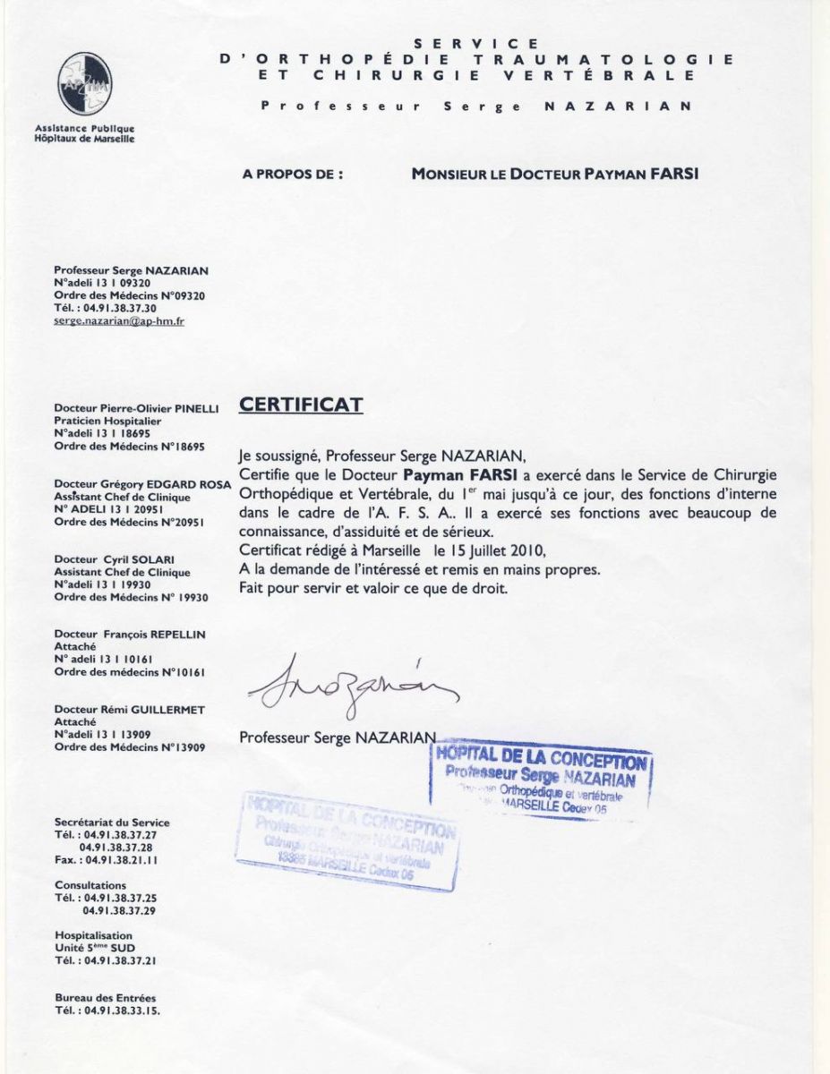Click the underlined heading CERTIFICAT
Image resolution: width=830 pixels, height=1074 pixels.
(x=301, y=405)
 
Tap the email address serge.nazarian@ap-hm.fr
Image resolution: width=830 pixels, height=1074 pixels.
(x=119, y=320)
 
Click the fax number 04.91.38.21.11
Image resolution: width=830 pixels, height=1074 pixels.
(x=122, y=859)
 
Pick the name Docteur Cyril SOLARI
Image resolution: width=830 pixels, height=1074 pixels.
(x=118, y=559)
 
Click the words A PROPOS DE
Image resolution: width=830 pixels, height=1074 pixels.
(x=293, y=175)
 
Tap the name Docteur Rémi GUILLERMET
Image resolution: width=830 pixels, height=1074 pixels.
(x=130, y=710)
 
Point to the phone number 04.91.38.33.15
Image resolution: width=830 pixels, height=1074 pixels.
(x=122, y=1010)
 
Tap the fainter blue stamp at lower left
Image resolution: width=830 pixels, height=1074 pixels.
(x=348, y=840)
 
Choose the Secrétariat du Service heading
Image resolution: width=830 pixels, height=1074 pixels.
(x=112, y=822)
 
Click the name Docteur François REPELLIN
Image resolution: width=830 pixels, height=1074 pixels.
(x=130, y=634)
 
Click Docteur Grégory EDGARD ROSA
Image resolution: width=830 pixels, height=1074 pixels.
(x=142, y=484)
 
